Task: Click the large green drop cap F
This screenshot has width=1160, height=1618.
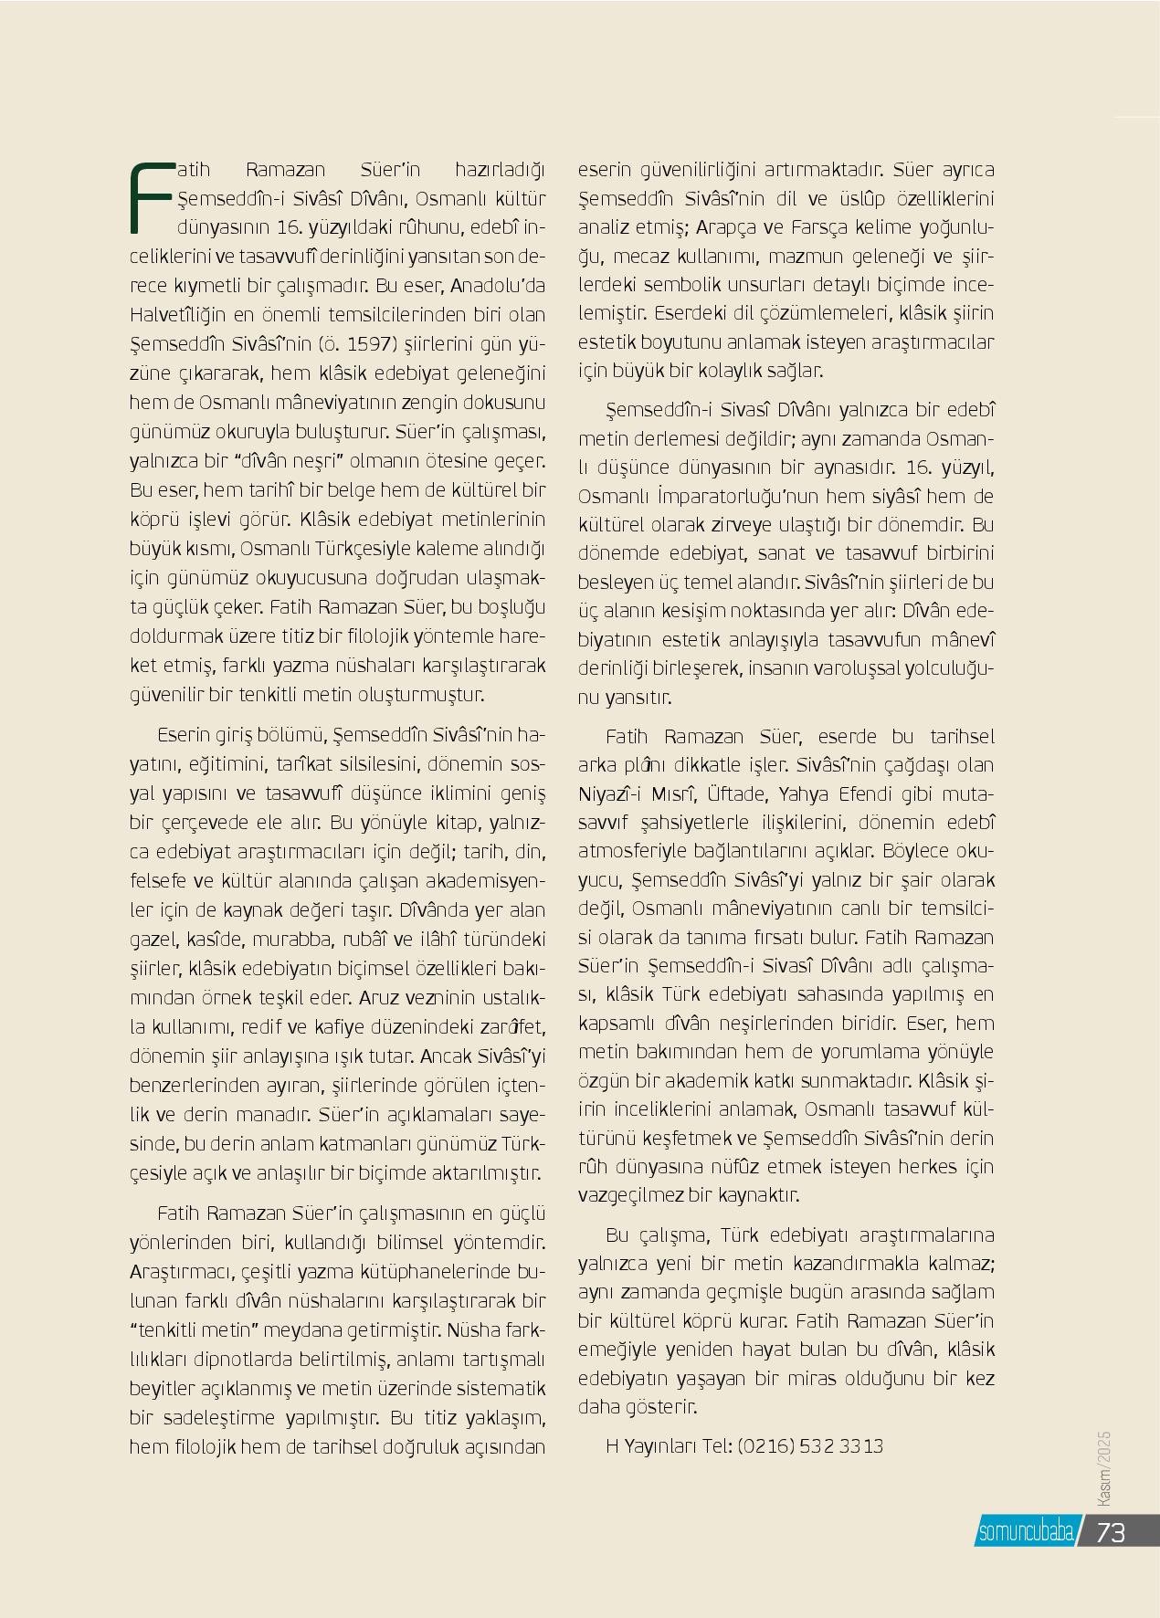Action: [151, 197]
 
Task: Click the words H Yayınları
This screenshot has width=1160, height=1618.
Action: [651, 1446]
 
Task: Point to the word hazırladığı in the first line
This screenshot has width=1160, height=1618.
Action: [499, 170]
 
